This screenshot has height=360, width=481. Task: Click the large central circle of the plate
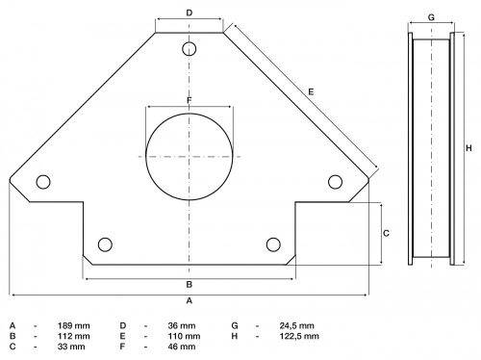pyautogui.click(x=190, y=155)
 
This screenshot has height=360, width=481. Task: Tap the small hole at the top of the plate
pyautogui.click(x=190, y=48)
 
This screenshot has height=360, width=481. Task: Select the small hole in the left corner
pyautogui.click(x=42, y=181)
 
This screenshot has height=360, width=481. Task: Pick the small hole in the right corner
pyautogui.click(x=336, y=181)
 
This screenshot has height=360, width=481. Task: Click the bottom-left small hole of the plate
pyautogui.click(x=106, y=243)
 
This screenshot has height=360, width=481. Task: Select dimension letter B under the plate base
pyautogui.click(x=190, y=285)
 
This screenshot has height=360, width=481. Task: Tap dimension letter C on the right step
pyautogui.click(x=386, y=234)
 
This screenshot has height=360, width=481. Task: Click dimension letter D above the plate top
pyautogui.click(x=190, y=13)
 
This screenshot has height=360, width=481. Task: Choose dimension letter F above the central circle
pyautogui.click(x=190, y=100)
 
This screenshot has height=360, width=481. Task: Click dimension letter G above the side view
pyautogui.click(x=431, y=17)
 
